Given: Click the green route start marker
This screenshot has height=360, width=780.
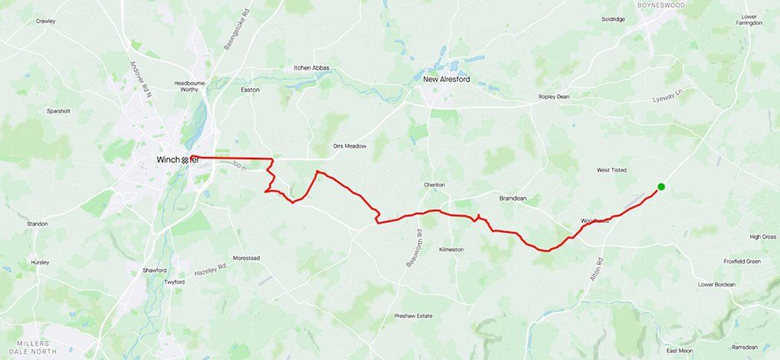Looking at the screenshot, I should (660, 187).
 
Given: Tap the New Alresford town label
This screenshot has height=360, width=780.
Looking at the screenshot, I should (447, 78).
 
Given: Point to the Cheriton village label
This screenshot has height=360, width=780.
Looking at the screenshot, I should (434, 185).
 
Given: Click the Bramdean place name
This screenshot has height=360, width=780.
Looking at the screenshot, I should (513, 198).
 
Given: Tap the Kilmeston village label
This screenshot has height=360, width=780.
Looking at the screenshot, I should (451, 250).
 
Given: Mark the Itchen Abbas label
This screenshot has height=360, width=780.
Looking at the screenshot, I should (312, 68).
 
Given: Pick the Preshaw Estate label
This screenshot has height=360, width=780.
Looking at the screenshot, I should (414, 316).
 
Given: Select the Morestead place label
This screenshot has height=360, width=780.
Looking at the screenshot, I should (246, 258).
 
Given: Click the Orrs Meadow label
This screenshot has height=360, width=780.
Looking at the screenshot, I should (349, 146).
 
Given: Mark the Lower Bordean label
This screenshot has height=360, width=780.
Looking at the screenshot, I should (716, 284).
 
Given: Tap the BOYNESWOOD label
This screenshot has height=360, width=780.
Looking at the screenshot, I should (661, 5).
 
